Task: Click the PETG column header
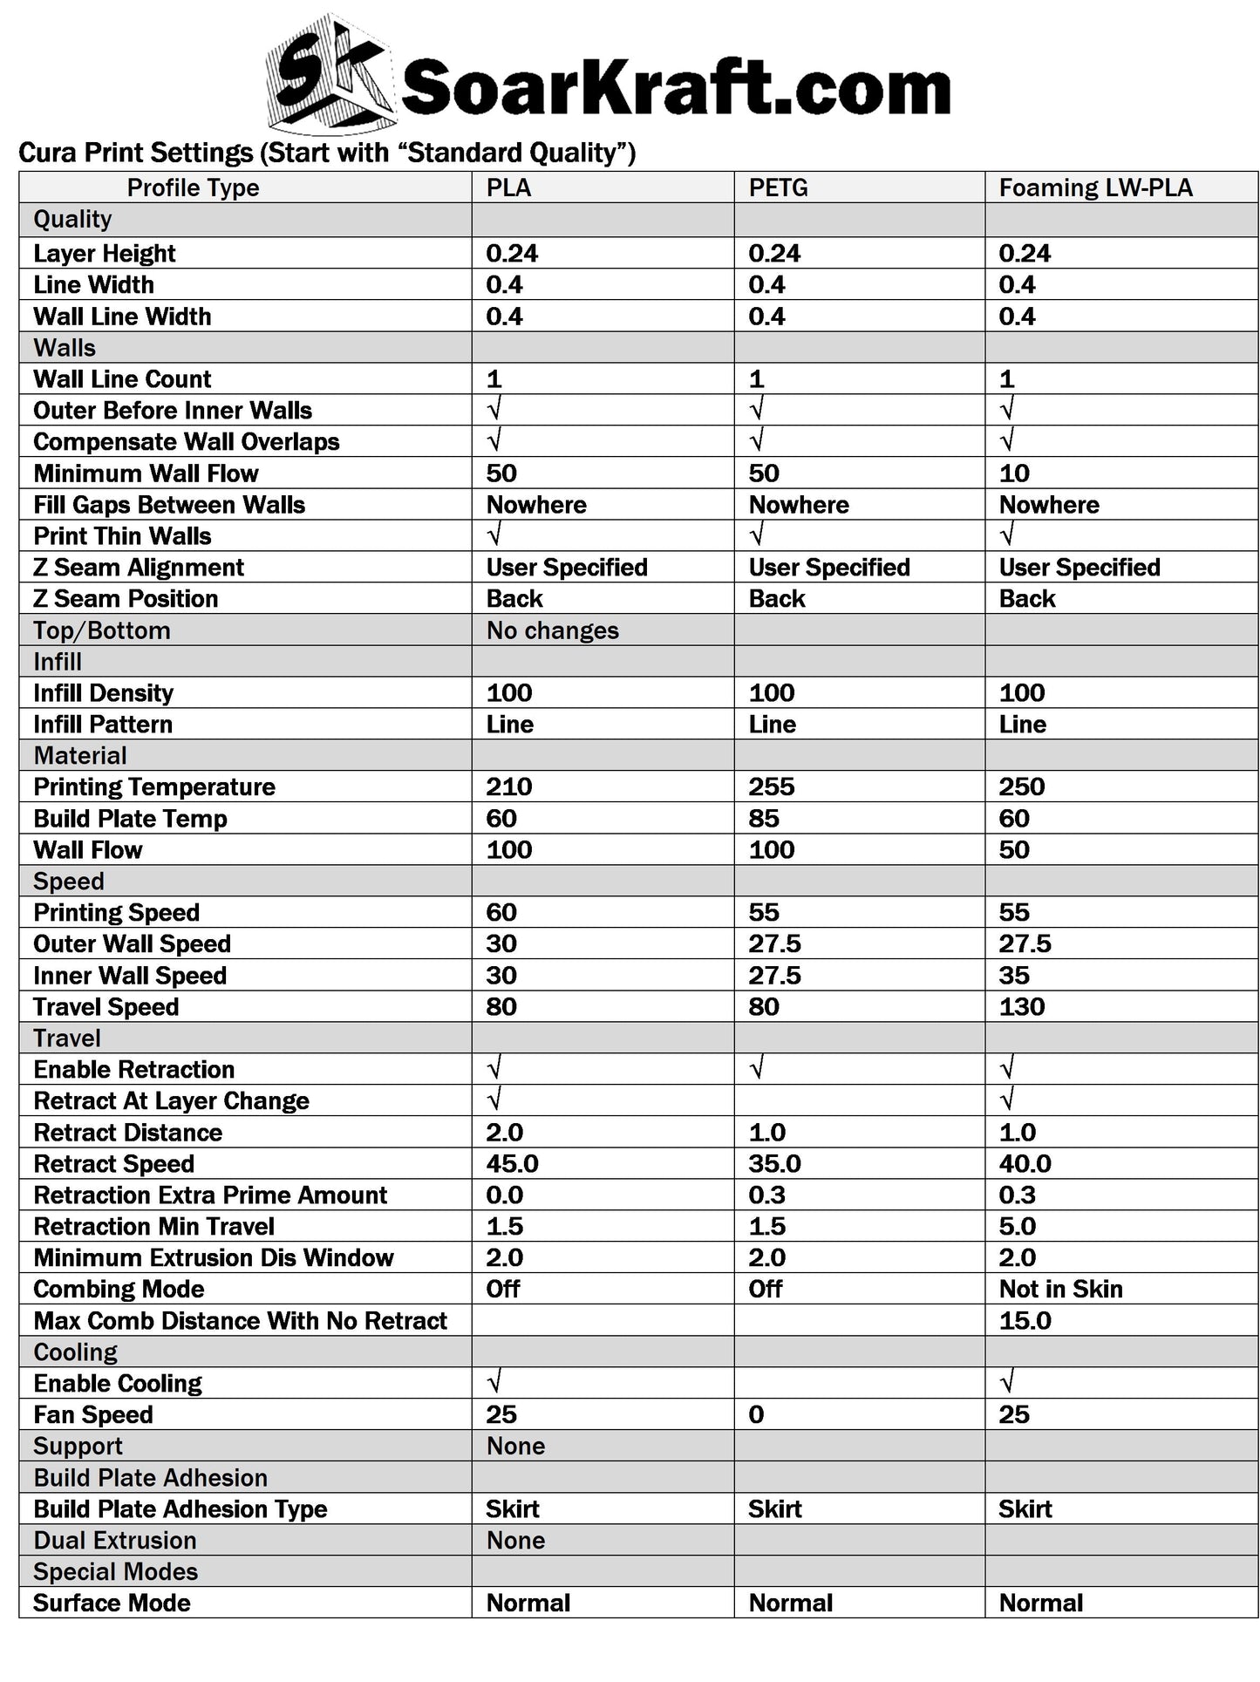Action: (x=778, y=187)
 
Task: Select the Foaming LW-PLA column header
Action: (x=1095, y=187)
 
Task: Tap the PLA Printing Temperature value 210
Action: (x=508, y=787)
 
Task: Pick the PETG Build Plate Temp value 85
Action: (x=764, y=818)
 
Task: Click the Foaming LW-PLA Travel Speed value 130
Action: (x=1021, y=1006)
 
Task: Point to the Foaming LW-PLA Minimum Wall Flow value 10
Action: (x=1014, y=473)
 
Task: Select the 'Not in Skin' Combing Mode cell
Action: (x=1060, y=1289)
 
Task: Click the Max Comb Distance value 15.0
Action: (x=1025, y=1320)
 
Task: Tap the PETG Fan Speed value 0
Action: (x=756, y=1414)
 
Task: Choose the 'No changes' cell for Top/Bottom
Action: (x=552, y=630)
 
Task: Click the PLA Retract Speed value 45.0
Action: (x=512, y=1163)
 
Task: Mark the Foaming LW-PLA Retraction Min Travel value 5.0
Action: (x=1017, y=1226)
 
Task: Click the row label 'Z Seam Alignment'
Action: (x=139, y=568)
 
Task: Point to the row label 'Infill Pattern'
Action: (x=103, y=725)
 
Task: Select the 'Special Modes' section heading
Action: (x=115, y=1571)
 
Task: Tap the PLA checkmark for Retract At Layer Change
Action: (x=494, y=1100)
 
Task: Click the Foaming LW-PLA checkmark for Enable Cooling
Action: (x=1007, y=1382)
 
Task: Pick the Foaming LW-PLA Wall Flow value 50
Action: (x=1014, y=849)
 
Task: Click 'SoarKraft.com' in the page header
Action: (x=675, y=88)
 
